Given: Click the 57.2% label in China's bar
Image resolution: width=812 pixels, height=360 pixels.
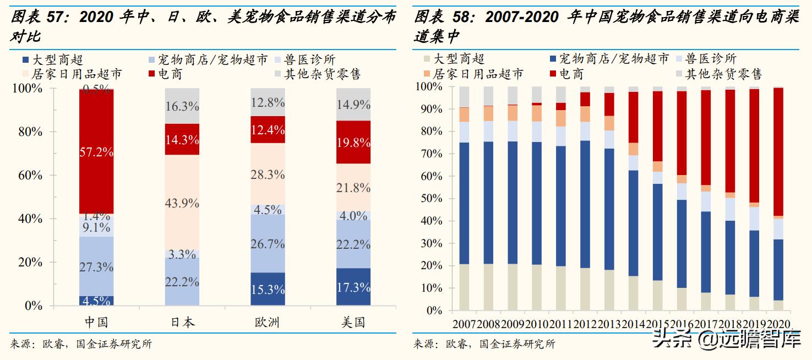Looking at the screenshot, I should [x=96, y=152].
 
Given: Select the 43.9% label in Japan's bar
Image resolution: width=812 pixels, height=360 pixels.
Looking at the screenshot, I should [x=182, y=203].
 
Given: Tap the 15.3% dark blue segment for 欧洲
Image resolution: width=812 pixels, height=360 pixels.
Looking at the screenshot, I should [x=268, y=289].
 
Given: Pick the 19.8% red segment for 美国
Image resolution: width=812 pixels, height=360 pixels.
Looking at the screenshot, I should [x=353, y=143].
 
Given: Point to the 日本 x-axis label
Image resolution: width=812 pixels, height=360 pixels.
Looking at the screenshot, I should [x=182, y=322].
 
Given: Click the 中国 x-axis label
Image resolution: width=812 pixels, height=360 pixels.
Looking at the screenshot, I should [x=96, y=322].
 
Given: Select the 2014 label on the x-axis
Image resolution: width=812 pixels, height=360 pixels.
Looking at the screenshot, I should [x=634, y=323].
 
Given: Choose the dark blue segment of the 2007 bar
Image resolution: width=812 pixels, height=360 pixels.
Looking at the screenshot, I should [x=464, y=204].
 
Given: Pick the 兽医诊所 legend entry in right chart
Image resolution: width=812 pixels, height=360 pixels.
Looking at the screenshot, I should [x=711, y=58].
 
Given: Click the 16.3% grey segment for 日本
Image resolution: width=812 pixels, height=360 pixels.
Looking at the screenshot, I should [x=182, y=106].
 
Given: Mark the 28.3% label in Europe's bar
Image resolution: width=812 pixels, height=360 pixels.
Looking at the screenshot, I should [x=268, y=174].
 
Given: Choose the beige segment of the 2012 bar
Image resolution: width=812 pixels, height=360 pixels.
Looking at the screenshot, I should [x=585, y=289].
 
